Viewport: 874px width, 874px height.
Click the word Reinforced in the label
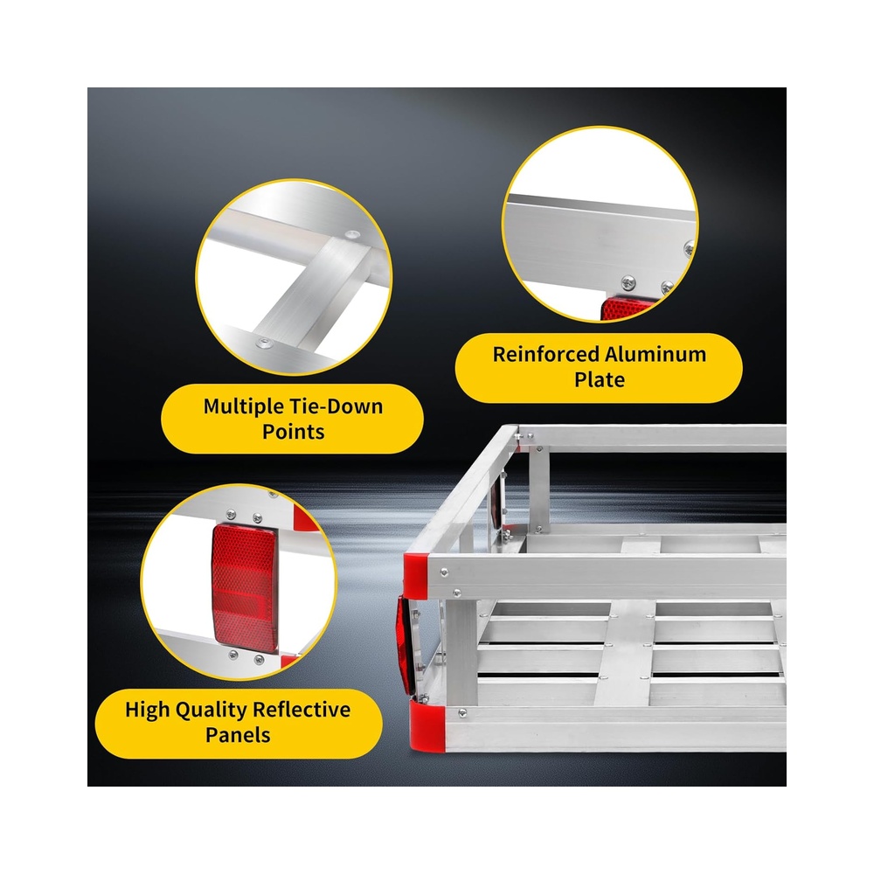pyautogui.click(x=545, y=355)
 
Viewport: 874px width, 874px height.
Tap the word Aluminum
pyautogui.click(x=655, y=355)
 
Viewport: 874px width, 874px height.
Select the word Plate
pyautogui.click(x=600, y=380)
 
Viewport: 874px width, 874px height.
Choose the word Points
pyautogui.click(x=293, y=432)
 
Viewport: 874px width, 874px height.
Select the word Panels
pyautogui.click(x=238, y=735)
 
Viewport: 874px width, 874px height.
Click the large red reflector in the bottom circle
pyautogui.click(x=245, y=587)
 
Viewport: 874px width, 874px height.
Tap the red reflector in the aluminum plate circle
pyautogui.click(x=627, y=308)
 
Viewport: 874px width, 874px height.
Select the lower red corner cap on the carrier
pyautogui.click(x=427, y=725)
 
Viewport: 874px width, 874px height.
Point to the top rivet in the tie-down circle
pyautogui.click(x=352, y=235)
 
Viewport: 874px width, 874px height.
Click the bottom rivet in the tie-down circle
pyautogui.click(x=264, y=343)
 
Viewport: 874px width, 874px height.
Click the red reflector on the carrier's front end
pyautogui.click(x=405, y=645)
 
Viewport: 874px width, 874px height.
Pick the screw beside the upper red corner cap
pyautogui.click(x=444, y=572)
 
